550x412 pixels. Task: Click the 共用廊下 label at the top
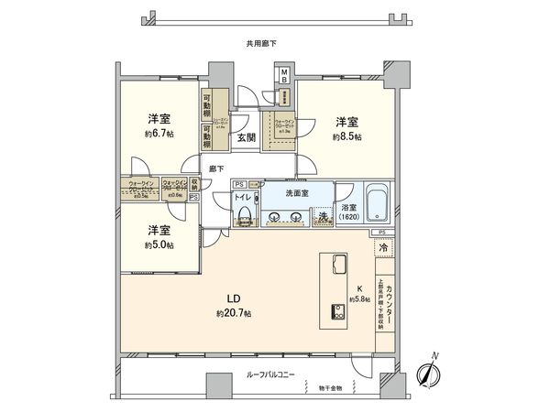click(x=262, y=43)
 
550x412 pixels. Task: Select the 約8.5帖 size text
click(x=346, y=135)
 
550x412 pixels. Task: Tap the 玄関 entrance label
click(x=247, y=138)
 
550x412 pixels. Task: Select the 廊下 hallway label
click(x=216, y=168)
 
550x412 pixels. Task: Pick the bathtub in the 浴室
click(x=378, y=204)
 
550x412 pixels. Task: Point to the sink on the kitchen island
click(x=335, y=266)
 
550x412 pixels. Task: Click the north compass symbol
click(x=429, y=372)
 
